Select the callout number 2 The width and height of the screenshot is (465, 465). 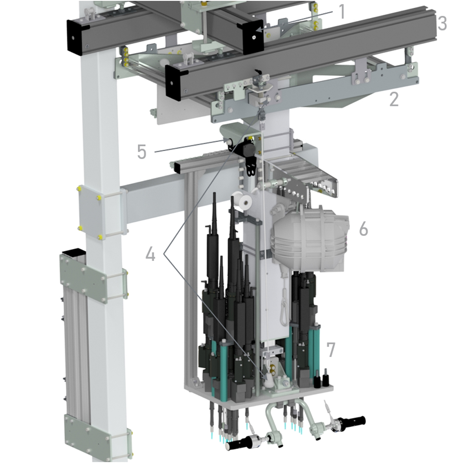394,99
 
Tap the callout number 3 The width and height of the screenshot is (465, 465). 442,23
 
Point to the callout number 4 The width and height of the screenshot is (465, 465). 151,254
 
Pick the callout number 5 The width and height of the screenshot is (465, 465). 142,152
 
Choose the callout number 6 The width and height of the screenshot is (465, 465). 363,229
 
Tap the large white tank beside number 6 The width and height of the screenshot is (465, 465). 310,240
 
